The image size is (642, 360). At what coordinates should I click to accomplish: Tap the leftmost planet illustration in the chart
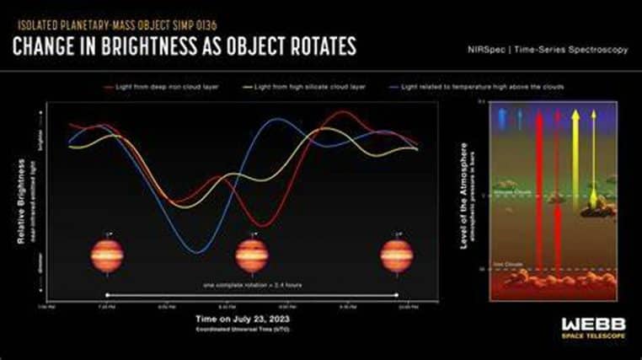(106, 255)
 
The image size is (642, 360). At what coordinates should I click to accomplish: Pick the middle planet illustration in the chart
(252, 255)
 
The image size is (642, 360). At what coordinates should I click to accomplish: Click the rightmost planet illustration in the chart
(397, 255)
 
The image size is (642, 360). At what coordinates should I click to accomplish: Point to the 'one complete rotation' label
(253, 286)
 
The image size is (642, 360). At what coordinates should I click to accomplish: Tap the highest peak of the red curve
(341, 112)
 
